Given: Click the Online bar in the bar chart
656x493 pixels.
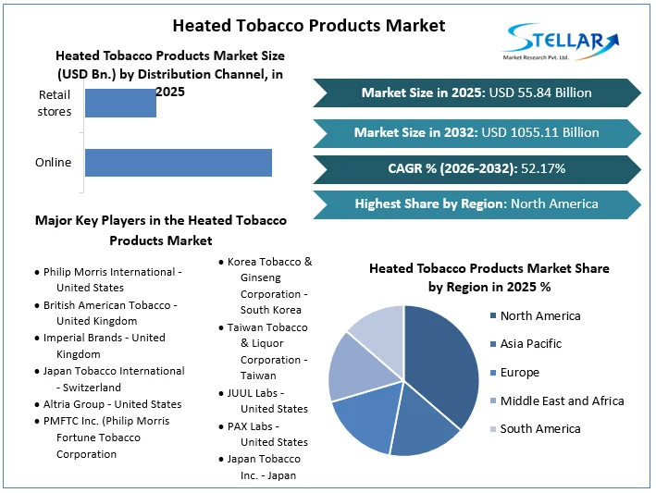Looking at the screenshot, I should (x=178, y=162).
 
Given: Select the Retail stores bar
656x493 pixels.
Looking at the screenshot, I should (x=120, y=103).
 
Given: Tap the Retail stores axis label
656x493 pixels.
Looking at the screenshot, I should (x=54, y=103).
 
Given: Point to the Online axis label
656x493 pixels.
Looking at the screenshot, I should (x=53, y=163).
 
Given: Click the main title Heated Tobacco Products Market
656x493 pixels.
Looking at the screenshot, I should (x=308, y=25).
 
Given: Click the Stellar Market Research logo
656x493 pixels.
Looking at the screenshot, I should (x=560, y=42).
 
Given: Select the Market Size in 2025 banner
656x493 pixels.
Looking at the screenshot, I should (x=477, y=92).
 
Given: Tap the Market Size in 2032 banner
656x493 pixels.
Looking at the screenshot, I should (x=477, y=132).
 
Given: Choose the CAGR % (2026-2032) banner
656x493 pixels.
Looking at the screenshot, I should (x=477, y=168).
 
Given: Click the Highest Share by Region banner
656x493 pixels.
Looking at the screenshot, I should (x=477, y=203).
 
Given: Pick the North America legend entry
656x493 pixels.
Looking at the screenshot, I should (x=539, y=316).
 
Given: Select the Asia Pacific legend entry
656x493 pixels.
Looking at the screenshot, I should (x=530, y=344).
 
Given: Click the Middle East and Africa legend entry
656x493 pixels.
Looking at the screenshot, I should (x=561, y=401).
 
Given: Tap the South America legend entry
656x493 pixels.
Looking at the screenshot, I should (x=539, y=429).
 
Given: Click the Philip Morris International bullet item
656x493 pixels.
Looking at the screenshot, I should (x=112, y=279).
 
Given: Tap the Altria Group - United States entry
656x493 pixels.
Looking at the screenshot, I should (x=112, y=404).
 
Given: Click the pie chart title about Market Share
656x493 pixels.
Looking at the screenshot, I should (x=489, y=277).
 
